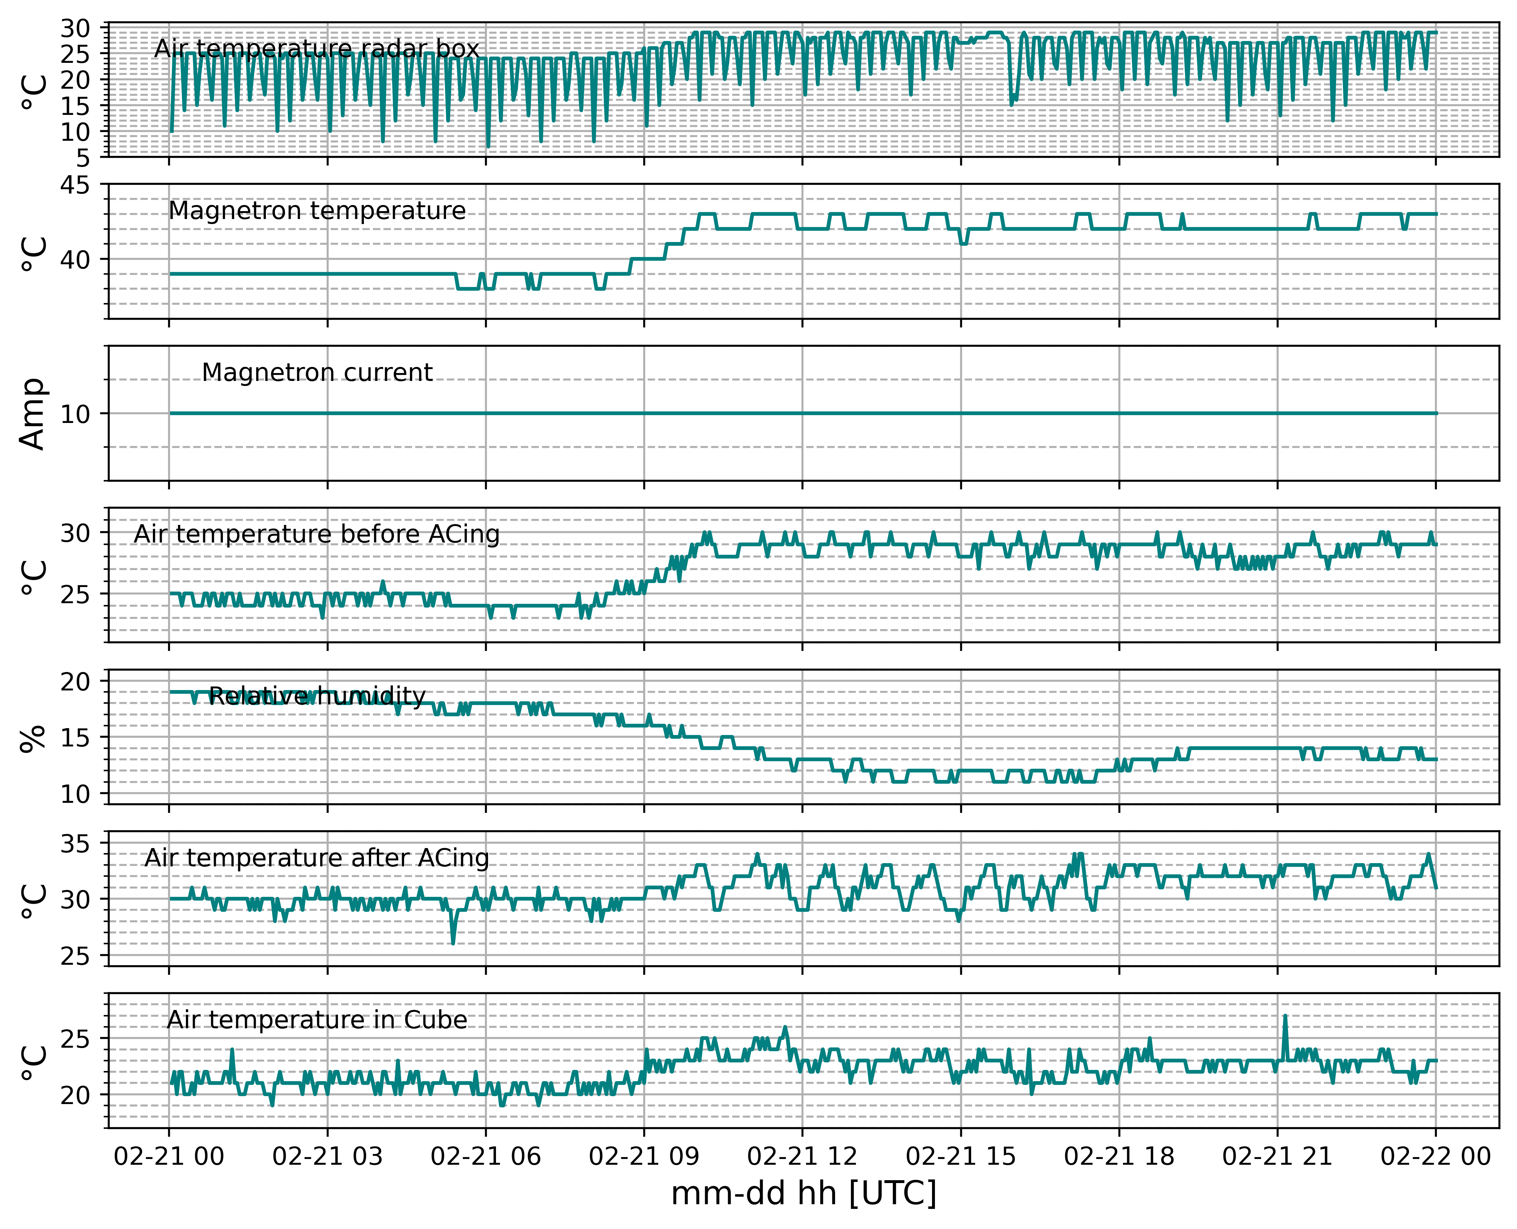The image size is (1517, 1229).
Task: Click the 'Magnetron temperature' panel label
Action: pyautogui.click(x=317, y=211)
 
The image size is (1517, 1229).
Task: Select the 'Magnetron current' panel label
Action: pyautogui.click(x=317, y=372)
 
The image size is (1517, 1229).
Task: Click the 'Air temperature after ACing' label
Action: pyautogui.click(x=317, y=858)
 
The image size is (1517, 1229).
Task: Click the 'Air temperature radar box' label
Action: pyautogui.click(x=317, y=49)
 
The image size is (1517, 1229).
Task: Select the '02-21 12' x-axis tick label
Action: pyautogui.click(x=802, y=1157)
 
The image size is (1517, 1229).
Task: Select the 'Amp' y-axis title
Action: pyautogui.click(x=33, y=414)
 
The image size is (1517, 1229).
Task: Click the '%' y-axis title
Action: pyautogui.click(x=33, y=738)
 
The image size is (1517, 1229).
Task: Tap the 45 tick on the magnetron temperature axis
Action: pyautogui.click(x=75, y=186)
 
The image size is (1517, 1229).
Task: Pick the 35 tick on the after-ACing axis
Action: pyautogui.click(x=75, y=844)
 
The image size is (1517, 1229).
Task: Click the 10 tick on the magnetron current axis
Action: pyautogui.click(x=75, y=414)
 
